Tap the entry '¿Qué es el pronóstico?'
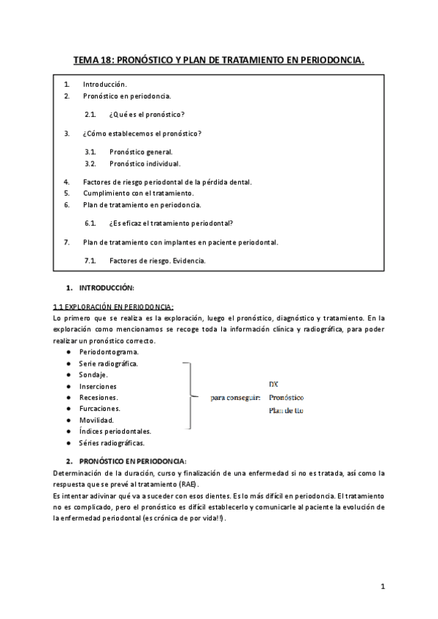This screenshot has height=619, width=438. pos(146,115)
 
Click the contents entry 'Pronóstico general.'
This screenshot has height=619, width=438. pos(141,152)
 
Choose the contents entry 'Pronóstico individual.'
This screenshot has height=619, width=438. pos(144,164)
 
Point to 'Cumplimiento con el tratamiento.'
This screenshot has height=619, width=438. pos(138,193)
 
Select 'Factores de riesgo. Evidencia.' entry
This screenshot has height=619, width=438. pos(157,260)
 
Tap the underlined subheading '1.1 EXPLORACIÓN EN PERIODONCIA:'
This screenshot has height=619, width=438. pos(113,307)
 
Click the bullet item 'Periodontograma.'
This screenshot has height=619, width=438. pos(109,352)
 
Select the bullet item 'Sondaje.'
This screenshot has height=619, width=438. pos(94,374)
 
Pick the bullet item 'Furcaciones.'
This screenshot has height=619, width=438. pos(100,409)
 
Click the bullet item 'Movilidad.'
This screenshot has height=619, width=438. pos(96,420)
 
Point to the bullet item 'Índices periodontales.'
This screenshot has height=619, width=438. pos(111,431)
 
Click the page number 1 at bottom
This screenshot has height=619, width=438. pos(383,586)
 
